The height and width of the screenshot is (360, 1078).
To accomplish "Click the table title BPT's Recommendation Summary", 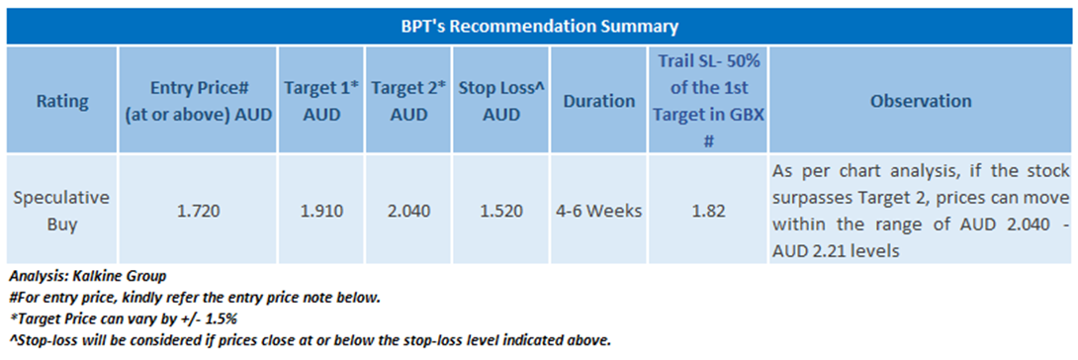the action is click(x=539, y=27).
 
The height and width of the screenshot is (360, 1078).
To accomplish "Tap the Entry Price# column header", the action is click(x=198, y=101).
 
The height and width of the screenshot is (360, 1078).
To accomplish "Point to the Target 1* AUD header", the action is click(x=321, y=101).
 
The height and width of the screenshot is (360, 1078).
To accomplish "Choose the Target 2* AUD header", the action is click(x=407, y=101).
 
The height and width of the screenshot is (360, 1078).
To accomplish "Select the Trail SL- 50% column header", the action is click(x=706, y=101).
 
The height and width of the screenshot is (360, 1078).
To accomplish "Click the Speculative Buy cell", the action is click(x=62, y=211).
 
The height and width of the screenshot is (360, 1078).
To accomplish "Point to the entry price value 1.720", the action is click(x=198, y=211).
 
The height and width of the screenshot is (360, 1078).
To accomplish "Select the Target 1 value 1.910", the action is click(x=321, y=211).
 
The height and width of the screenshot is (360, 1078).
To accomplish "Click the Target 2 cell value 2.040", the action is click(x=407, y=211).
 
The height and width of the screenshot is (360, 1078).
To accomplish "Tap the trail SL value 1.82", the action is click(x=706, y=211).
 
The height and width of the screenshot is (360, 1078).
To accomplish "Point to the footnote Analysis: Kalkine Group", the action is click(x=87, y=278).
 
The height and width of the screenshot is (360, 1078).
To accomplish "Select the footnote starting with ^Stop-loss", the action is click(x=311, y=340).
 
